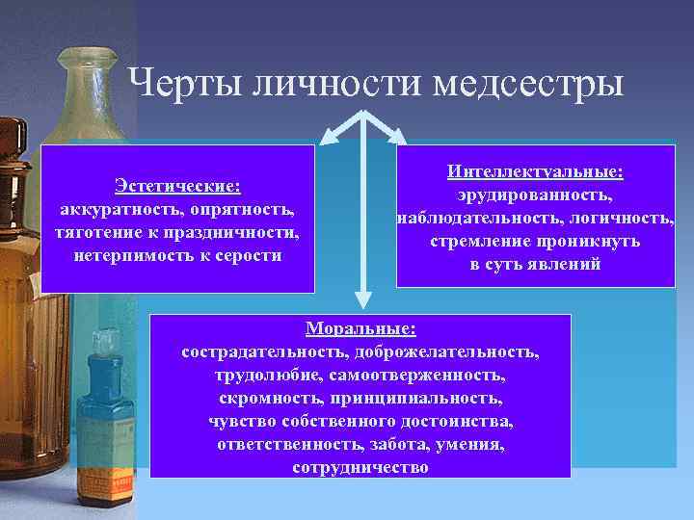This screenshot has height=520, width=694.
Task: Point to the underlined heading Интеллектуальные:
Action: point(535,171)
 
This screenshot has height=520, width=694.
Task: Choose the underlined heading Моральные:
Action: point(360,328)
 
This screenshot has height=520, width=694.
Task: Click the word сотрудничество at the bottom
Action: point(360,467)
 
